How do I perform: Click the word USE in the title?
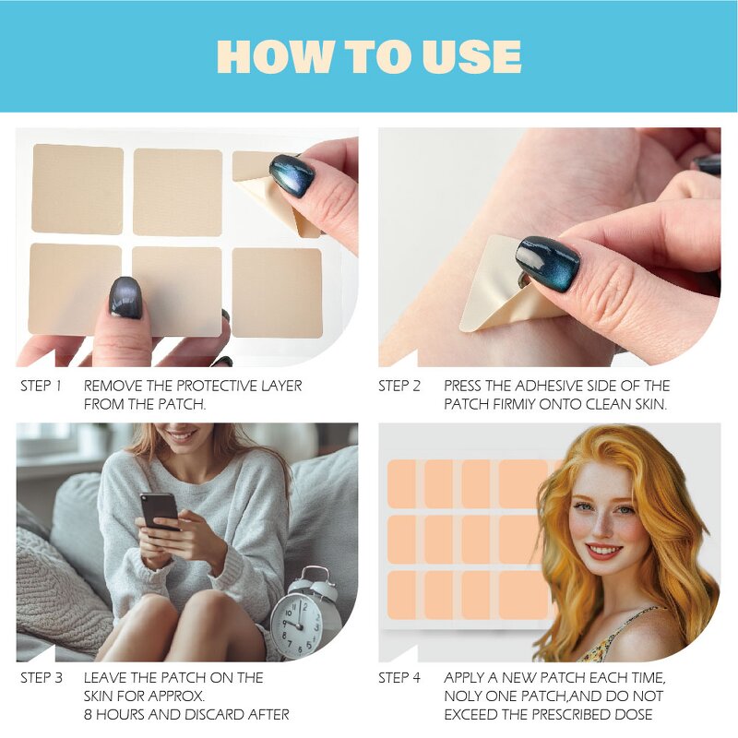coord(472,56)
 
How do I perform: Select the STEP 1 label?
coord(41,386)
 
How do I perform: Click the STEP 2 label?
coord(399,386)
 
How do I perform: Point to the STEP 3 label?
coord(42,678)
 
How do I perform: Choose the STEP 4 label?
coord(399,678)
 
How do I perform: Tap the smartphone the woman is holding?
coord(159,512)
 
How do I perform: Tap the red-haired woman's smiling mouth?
coord(604,551)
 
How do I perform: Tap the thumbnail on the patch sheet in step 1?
coord(126,297)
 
